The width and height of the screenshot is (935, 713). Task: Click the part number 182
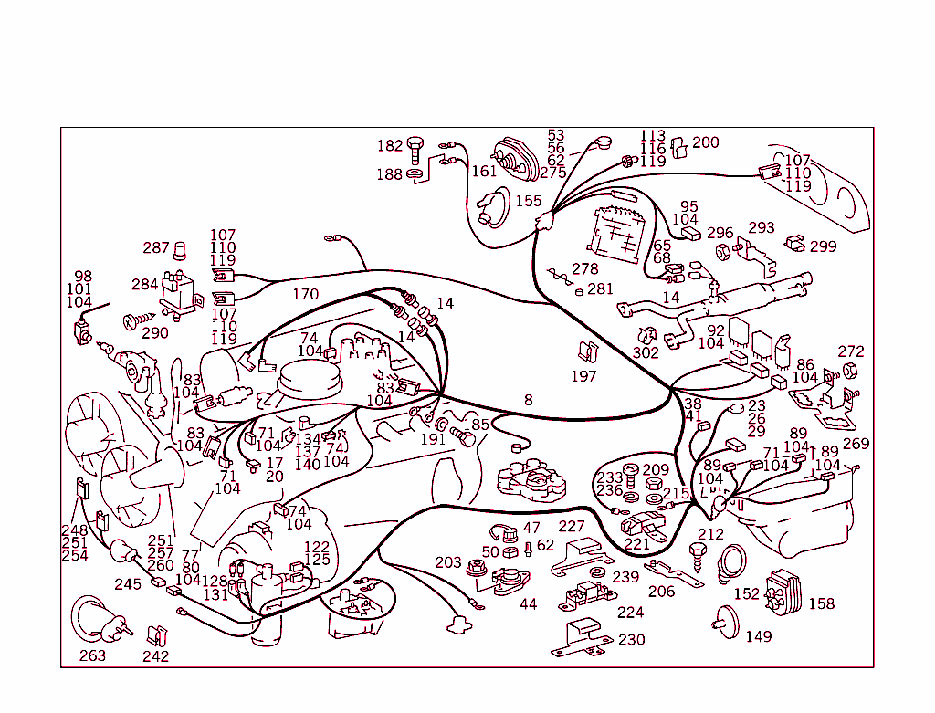[x=390, y=146]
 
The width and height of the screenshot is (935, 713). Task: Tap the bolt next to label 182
[x=415, y=151]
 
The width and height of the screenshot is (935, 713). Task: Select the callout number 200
[x=706, y=142]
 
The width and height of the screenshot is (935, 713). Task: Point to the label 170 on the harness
[x=305, y=295]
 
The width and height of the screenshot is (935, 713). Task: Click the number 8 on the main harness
[x=529, y=400]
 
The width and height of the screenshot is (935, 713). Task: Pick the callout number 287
[x=156, y=247]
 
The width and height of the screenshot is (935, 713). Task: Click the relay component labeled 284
[x=180, y=291]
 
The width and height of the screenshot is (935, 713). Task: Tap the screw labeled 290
[x=140, y=320]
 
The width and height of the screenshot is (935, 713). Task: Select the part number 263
[x=92, y=655]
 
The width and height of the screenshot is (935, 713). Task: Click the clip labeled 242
[x=157, y=635]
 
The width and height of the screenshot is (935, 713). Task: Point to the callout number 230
[x=632, y=640]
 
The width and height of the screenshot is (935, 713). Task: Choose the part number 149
[x=759, y=636]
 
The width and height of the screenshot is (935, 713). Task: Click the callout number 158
[x=821, y=603]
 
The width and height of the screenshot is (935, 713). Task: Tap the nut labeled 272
[x=850, y=371]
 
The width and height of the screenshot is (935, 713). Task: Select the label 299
[x=823, y=246]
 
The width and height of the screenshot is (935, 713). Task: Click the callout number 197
[x=583, y=376]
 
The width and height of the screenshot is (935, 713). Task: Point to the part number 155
[x=529, y=201]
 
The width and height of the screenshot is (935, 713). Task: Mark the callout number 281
[x=600, y=289]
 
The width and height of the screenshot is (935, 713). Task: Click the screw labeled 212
[x=697, y=557]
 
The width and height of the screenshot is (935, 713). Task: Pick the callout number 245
[x=128, y=584]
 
